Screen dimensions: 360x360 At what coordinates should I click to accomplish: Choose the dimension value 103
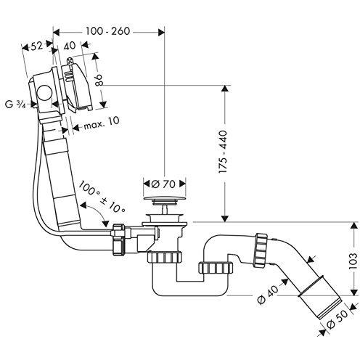pyautogui.click(x=351, y=261)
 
